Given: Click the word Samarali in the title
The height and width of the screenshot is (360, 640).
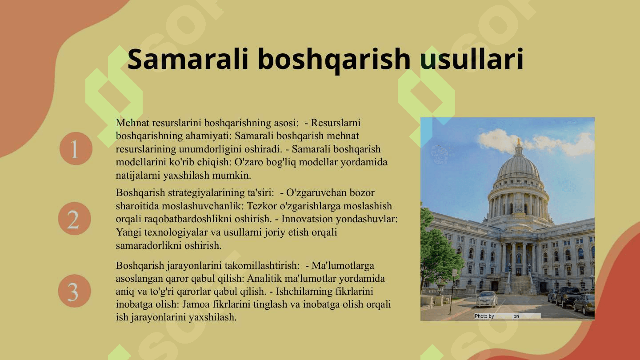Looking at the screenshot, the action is [x=188, y=59].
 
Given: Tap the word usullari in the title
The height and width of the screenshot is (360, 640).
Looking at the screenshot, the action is [x=472, y=59].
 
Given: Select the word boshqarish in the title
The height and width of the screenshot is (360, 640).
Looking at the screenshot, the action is [x=334, y=60].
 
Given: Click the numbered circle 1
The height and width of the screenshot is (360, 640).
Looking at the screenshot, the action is [x=76, y=148].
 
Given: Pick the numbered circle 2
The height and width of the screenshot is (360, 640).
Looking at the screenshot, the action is [x=75, y=219].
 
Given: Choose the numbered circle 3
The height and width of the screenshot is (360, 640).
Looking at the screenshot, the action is [x=75, y=291].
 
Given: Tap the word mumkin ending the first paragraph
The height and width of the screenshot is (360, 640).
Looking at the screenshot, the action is [x=232, y=175].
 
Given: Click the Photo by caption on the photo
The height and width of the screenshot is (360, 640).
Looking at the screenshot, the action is [x=484, y=316].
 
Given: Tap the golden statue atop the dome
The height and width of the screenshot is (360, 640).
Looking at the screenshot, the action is [x=518, y=142].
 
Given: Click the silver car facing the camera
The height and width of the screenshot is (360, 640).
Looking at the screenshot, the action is [x=487, y=299].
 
